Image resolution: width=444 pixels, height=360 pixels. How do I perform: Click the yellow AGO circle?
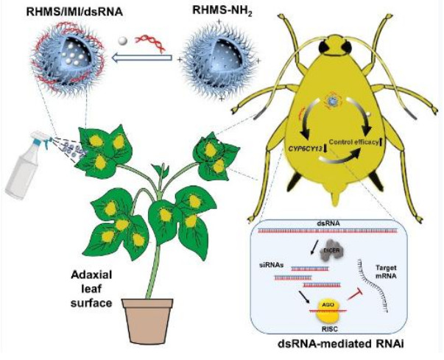(x=327, y=308)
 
